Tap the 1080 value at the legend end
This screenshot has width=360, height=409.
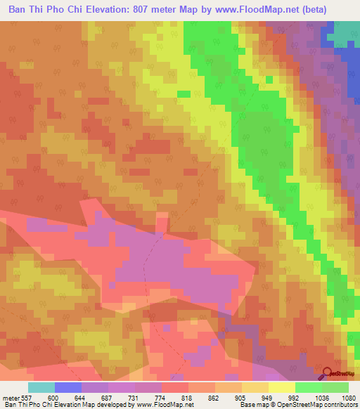pyautogui.click(x=349, y=398)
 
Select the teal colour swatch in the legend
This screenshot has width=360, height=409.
pyautogui.click(x=41, y=387)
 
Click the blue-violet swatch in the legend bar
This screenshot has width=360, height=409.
pyautogui.click(x=68, y=387)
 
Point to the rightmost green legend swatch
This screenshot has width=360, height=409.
pyautogui.click(x=335, y=387)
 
